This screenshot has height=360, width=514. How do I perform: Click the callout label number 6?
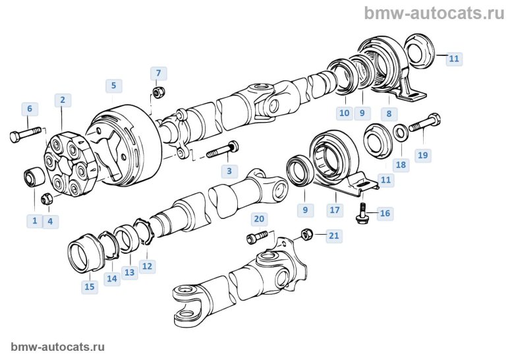pyautogui.click(x=28, y=108)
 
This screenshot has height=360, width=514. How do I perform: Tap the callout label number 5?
pyautogui.click(x=113, y=85)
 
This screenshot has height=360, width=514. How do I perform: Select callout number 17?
pyautogui.click(x=335, y=210)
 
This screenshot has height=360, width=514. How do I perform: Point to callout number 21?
pyautogui.click(x=334, y=235)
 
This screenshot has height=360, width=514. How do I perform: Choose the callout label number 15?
pyautogui.click(x=90, y=286)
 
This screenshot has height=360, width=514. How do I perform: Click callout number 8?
pyautogui.click(x=389, y=113)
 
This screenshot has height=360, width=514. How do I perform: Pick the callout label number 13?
pyautogui.click(x=129, y=272)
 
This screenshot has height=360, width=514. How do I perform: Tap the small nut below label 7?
pyautogui.click(x=157, y=91)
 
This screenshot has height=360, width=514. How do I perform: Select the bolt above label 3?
pyautogui.click(x=223, y=150)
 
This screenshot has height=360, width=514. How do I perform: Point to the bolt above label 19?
pyautogui.click(x=424, y=123)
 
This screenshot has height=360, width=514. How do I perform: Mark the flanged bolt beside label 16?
pyautogui.click(x=361, y=210)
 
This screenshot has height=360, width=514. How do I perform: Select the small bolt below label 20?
pyautogui.click(x=258, y=235)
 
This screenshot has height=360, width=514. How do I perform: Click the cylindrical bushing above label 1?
pyautogui.click(x=34, y=178)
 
